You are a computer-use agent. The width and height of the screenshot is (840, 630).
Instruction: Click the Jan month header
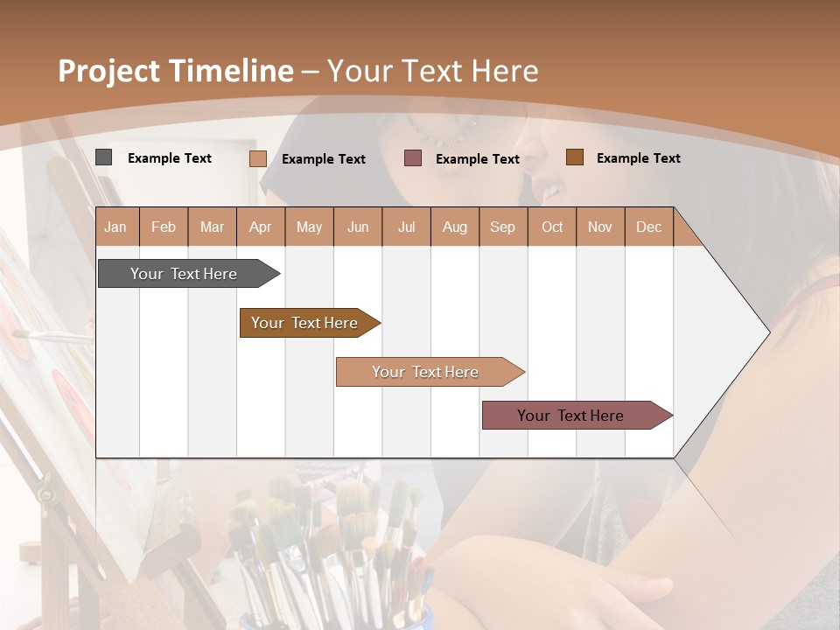[x=115, y=227]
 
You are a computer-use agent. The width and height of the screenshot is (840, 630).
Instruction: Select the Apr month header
[x=261, y=227]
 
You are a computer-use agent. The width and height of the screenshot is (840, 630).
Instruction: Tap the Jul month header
[x=406, y=227]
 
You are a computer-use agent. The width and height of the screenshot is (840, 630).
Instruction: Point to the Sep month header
[x=502, y=227]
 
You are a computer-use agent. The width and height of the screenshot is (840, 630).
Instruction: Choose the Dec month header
[x=648, y=227]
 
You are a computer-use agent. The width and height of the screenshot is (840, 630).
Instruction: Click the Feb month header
[x=164, y=227]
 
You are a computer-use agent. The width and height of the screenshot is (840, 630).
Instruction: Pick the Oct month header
[x=552, y=227]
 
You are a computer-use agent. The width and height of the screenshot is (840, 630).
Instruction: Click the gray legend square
[x=103, y=157]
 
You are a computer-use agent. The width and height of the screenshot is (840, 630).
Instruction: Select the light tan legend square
[x=257, y=158]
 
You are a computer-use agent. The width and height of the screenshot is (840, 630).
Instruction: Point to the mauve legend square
[x=412, y=158]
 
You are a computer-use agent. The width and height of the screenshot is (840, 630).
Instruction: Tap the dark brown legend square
[x=574, y=157]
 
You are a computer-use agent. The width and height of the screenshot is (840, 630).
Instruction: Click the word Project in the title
[x=108, y=71]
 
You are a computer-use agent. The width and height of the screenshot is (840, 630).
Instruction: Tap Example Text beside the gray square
[x=170, y=158]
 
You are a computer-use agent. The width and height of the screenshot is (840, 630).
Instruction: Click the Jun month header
[x=358, y=227]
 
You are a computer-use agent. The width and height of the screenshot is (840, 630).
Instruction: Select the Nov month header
[x=600, y=227]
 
